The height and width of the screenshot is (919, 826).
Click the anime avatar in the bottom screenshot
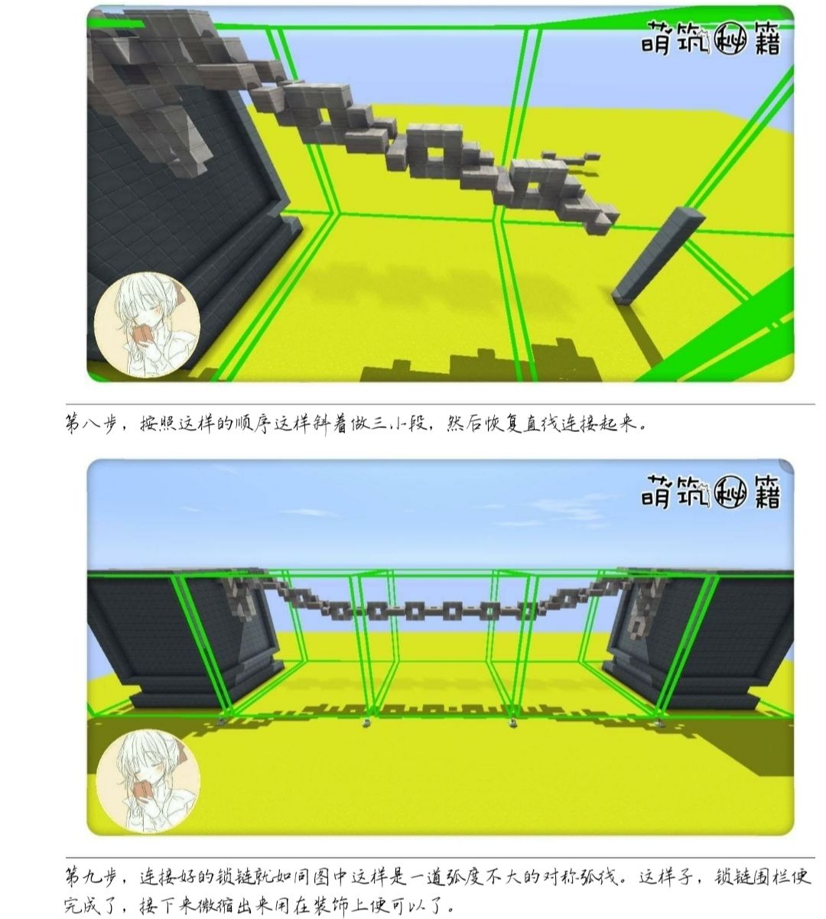click(148, 781)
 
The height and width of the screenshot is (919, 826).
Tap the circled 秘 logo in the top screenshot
click(730, 42)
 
